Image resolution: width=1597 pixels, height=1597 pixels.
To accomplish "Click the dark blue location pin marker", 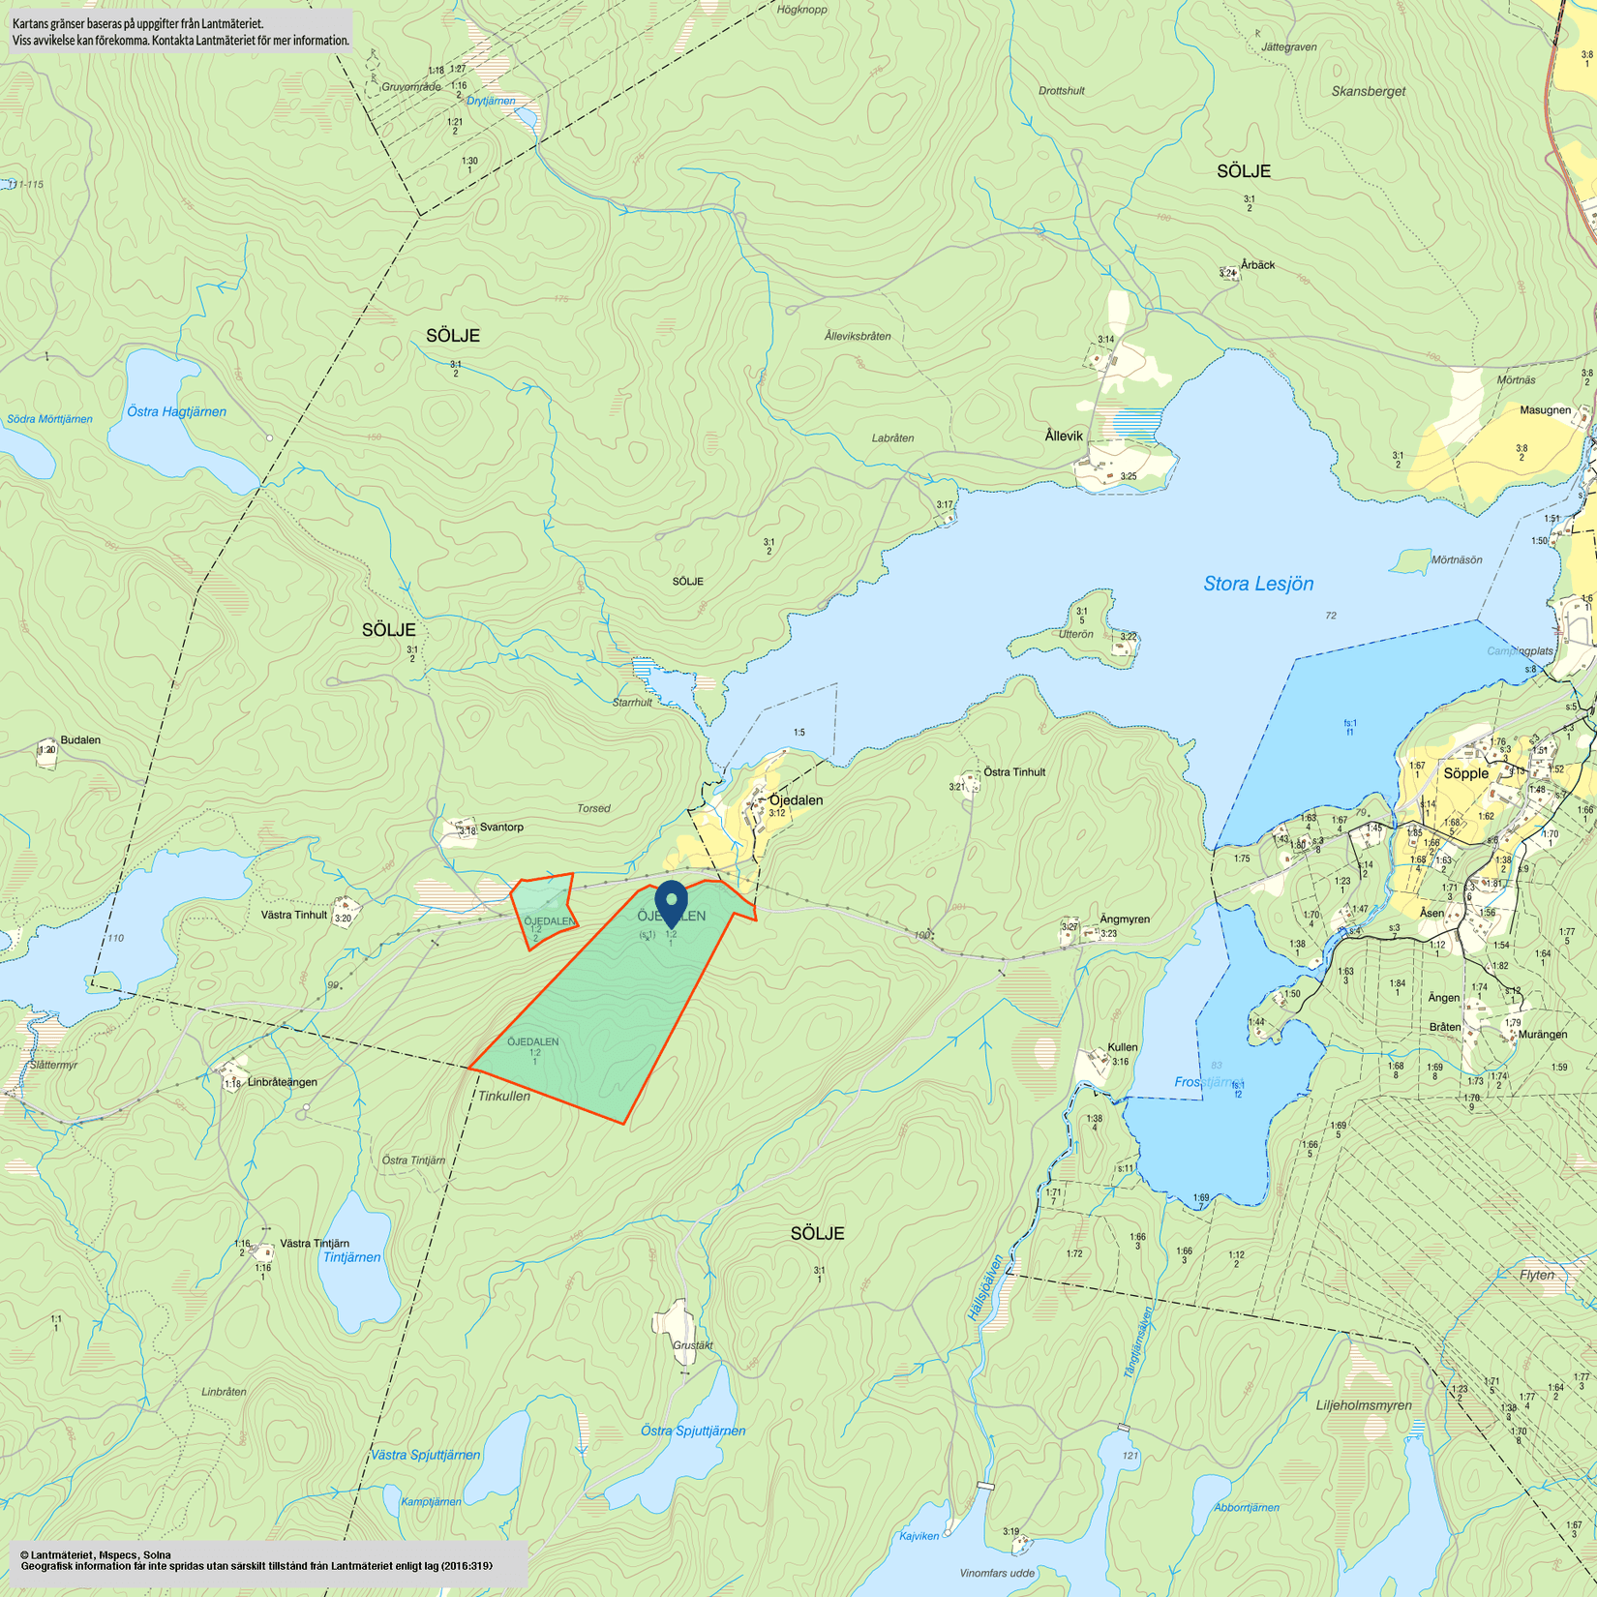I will pos(671,902).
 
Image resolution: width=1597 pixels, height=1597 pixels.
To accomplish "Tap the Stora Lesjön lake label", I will pos(1258,584).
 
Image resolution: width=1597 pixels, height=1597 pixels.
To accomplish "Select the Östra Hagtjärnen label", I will pos(176,411).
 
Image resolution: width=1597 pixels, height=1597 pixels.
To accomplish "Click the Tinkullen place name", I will pos(503,1096).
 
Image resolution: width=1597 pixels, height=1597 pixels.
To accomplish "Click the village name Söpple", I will pos(1465,773).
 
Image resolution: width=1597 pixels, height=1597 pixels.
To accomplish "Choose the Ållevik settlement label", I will pos(1064,437).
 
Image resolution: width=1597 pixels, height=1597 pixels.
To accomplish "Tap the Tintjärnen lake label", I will pos(351,1257).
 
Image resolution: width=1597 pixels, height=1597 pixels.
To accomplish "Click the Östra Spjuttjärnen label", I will pos(693,1431).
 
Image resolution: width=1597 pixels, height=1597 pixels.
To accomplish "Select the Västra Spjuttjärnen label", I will pos(426,1455).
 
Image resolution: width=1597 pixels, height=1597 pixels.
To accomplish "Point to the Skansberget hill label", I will pos(1368,91).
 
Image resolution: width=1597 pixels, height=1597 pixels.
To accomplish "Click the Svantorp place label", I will pos(501,828).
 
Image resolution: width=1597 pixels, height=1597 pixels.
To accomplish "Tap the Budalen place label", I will pos(80,740).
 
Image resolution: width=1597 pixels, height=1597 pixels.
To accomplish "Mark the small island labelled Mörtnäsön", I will pos(1457,559).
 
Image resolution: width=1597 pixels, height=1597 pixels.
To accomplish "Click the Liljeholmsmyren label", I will pos(1364,1405).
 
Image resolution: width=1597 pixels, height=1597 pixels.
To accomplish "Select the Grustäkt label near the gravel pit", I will pos(692,1345).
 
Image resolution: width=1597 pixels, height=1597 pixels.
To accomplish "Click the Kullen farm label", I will pos(1123,1047).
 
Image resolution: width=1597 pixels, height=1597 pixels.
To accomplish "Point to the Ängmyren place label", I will pos(1125,919).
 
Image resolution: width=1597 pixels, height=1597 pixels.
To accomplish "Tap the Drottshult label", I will pos(1061,91).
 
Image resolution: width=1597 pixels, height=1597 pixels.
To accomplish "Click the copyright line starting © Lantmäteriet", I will pos(96,1555).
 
